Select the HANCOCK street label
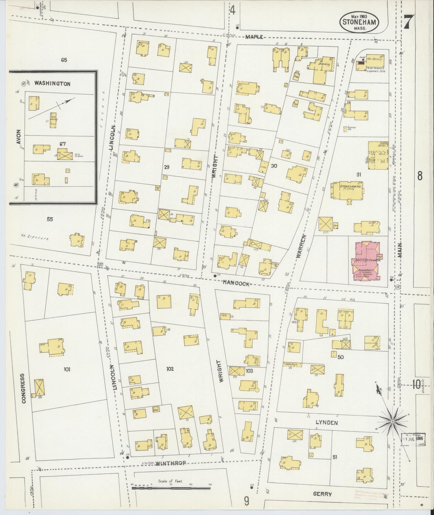click(x=236, y=283)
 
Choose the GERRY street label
click(x=323, y=494)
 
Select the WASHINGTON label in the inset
click(x=52, y=84)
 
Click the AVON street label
click(x=19, y=137)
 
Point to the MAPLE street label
click(x=254, y=37)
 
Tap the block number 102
click(x=170, y=369)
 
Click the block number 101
click(x=67, y=369)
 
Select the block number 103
click(x=249, y=371)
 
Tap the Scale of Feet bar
click(x=171, y=488)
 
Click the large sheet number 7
click(x=408, y=23)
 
